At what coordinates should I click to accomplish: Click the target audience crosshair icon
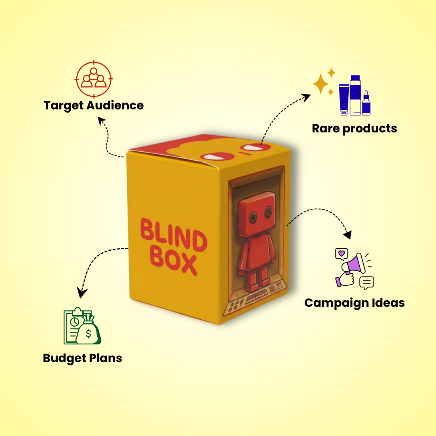[x=94, y=79]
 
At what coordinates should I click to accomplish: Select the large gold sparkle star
[x=321, y=84]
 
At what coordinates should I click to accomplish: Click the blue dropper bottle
[x=366, y=104]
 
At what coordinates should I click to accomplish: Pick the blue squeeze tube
[x=344, y=100]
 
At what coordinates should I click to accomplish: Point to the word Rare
[x=326, y=129]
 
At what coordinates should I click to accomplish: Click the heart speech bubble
[x=341, y=254]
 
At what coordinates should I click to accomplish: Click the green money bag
[x=88, y=331]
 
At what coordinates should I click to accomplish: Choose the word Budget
[x=64, y=358]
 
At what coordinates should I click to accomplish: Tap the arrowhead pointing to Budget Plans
[x=82, y=293]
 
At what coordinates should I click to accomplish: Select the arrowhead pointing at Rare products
[x=306, y=96]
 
